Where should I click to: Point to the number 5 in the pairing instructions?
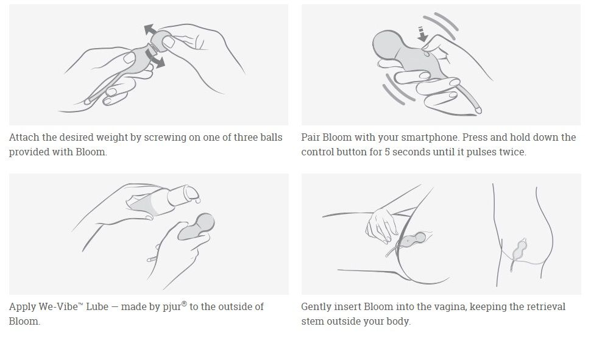pos(387,152)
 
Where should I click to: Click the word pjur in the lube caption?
pos(172,307)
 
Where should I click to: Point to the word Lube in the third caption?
pos(97,306)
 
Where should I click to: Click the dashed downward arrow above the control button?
pos(422,34)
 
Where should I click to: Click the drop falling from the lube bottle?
pos(198,200)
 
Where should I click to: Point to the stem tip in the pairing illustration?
pos(479,110)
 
